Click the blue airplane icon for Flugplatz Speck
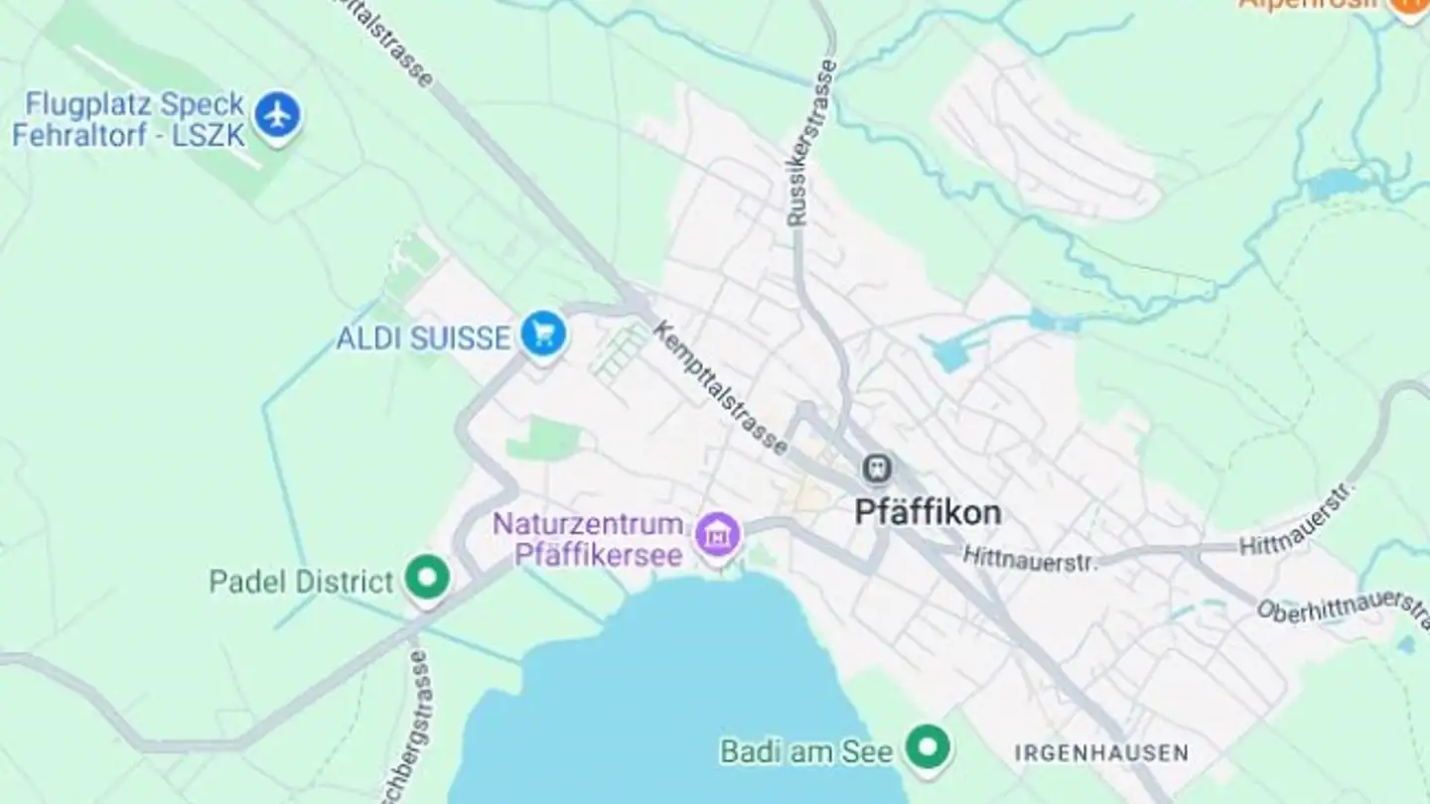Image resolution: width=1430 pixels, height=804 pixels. [x=277, y=116]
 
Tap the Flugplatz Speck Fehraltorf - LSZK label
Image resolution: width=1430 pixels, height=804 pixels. [x=129, y=119]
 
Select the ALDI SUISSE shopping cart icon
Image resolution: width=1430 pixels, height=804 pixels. [x=542, y=335]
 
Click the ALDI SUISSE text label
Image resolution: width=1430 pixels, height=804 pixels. [x=423, y=338]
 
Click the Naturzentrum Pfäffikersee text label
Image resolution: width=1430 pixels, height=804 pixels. [x=589, y=539]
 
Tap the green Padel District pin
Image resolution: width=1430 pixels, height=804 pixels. [x=428, y=577]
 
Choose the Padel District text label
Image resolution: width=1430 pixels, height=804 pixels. [x=302, y=582]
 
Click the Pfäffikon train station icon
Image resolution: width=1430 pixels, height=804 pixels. [x=877, y=467]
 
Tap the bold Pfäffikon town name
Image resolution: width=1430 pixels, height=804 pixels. [x=928, y=512]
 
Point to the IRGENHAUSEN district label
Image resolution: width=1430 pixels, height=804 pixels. [x=1101, y=753]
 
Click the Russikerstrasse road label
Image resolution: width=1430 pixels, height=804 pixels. [x=811, y=142]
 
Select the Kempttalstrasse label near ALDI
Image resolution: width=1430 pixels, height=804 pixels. [x=721, y=388]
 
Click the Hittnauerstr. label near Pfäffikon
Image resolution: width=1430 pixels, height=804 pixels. [x=1031, y=559]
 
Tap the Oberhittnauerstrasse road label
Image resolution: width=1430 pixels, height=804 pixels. [x=1344, y=606]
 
